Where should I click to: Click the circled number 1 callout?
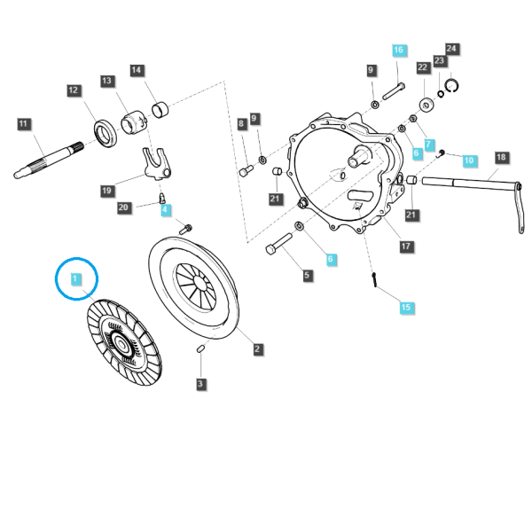click(75, 279)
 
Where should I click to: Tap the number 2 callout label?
click(257, 348)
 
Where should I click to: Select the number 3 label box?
click(200, 384)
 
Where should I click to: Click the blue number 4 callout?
click(165, 209)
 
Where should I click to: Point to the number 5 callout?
click(307, 275)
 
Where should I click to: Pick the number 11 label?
click(23, 124)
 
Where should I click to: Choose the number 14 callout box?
click(137, 71)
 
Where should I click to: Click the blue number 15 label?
click(406, 308)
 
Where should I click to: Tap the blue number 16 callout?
click(399, 51)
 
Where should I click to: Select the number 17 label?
click(406, 246)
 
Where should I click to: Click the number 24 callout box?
click(451, 49)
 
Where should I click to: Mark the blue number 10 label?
click(469, 160)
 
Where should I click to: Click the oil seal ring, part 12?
click(106, 133)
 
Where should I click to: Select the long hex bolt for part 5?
click(279, 244)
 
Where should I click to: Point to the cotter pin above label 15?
click(374, 279)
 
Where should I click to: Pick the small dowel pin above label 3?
click(200, 348)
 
